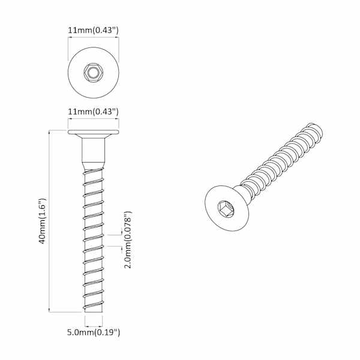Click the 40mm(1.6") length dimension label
coord(43,221)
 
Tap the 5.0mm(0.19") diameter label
coord(94,332)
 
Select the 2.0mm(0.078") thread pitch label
coord(128,240)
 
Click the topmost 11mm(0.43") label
coord(93,31)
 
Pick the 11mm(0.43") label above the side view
coord(93,112)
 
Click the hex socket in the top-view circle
coord(94,73)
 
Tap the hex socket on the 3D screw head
coord(226,208)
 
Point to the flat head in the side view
coord(94,132)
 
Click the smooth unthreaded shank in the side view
coord(94,149)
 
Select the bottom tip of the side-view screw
coord(94,312)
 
